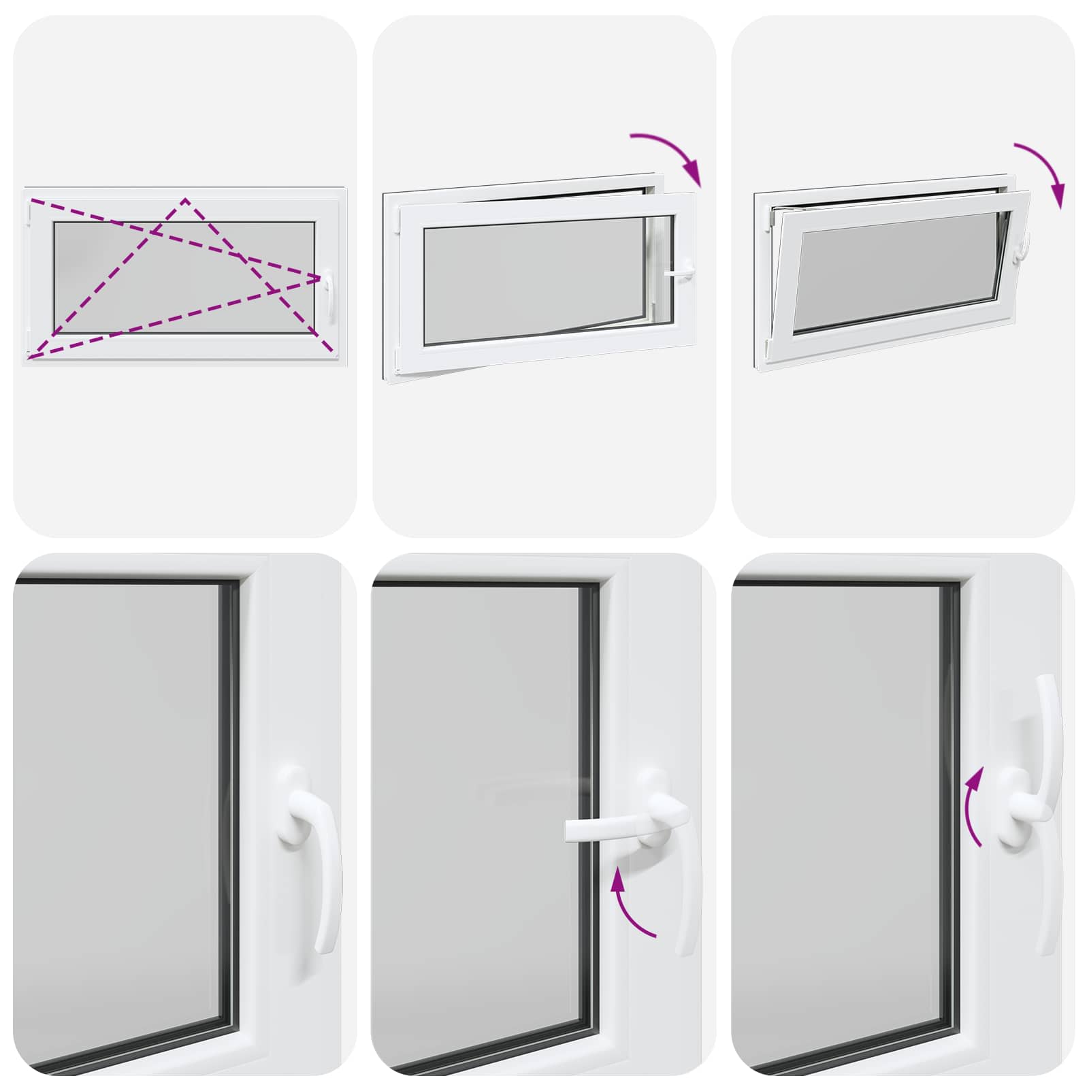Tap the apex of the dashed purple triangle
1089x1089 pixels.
point(185,199)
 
